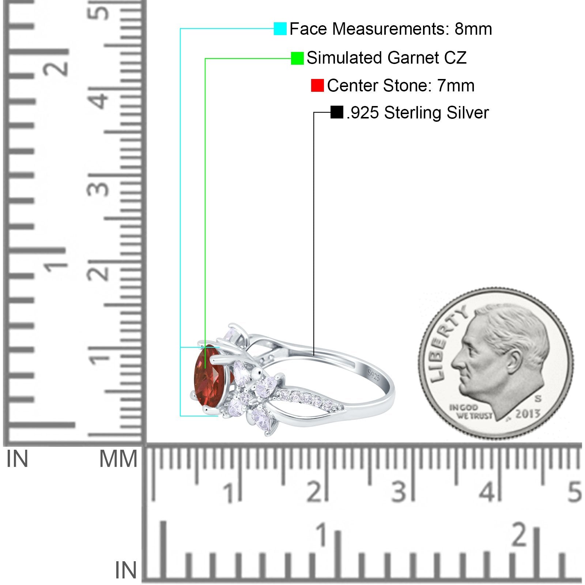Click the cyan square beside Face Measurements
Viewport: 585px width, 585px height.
(x=280, y=29)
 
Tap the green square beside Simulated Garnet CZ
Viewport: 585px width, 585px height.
(x=297, y=58)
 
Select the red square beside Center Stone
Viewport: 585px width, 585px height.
(x=317, y=86)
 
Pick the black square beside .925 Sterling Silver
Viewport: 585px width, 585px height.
(x=337, y=112)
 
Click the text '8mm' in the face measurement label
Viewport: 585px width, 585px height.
(x=473, y=29)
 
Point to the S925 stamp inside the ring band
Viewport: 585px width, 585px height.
(x=374, y=375)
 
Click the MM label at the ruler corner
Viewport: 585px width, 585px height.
(x=118, y=459)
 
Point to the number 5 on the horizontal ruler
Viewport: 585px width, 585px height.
(x=574, y=492)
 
